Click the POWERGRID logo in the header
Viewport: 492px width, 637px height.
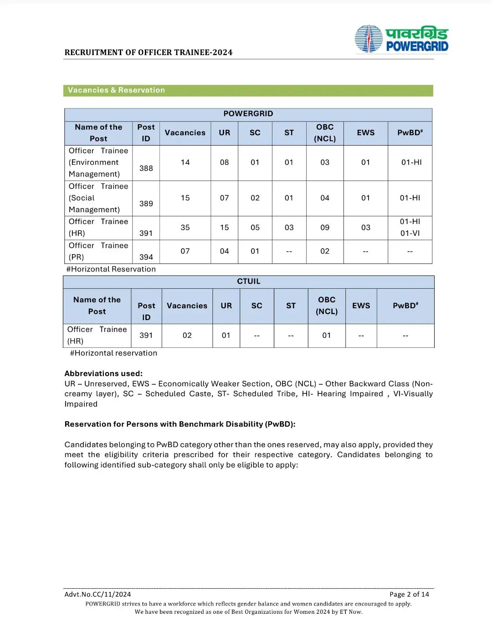[401, 39]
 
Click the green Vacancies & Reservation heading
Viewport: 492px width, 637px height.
[116, 90]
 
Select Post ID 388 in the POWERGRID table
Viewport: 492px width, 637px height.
[146, 168]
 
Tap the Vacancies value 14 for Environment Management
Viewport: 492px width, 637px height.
[185, 162]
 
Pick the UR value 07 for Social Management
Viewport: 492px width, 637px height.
[224, 198]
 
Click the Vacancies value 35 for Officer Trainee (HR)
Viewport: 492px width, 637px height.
[185, 227]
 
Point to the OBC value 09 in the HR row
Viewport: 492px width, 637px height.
[324, 227]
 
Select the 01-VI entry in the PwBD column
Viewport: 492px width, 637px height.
[410, 233]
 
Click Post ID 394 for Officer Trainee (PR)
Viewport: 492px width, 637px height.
[146, 257]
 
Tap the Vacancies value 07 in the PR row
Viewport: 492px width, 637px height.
[185, 251]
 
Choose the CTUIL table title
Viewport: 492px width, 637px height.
[248, 281]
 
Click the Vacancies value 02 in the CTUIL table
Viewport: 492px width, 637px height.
[187, 335]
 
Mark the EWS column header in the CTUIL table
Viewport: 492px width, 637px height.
[361, 306]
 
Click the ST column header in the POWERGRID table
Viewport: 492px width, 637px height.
[289, 132]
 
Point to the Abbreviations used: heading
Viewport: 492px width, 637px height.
[103, 373]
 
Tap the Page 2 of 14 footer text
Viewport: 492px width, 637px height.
[409, 594]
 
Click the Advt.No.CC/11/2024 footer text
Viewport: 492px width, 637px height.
[97, 594]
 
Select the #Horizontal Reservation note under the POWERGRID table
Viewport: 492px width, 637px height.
[111, 269]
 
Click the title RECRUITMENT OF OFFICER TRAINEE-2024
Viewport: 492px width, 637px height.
[149, 52]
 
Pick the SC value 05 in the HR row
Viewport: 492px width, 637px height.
[255, 227]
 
